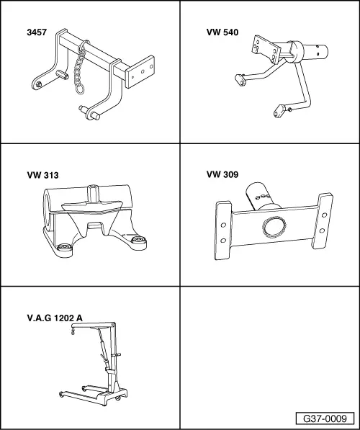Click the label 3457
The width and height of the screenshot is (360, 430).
[x=37, y=32]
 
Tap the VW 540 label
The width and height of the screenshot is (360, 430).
[x=222, y=32]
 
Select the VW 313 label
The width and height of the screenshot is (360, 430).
[x=42, y=175]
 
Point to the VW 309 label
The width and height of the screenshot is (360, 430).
[x=222, y=174]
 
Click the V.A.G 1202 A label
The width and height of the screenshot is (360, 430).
[x=55, y=318]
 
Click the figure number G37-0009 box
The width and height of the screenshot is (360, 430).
[x=325, y=418]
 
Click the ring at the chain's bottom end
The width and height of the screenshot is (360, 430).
[x=80, y=89]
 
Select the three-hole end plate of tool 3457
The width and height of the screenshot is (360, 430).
[x=140, y=71]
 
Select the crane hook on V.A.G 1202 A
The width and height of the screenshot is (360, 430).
[x=73, y=331]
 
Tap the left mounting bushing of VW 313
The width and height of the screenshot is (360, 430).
[x=64, y=246]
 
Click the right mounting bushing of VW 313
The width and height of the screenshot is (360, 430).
[x=139, y=240]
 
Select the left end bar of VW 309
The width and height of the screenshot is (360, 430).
[x=223, y=230]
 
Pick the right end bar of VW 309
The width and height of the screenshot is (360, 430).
[x=323, y=221]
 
